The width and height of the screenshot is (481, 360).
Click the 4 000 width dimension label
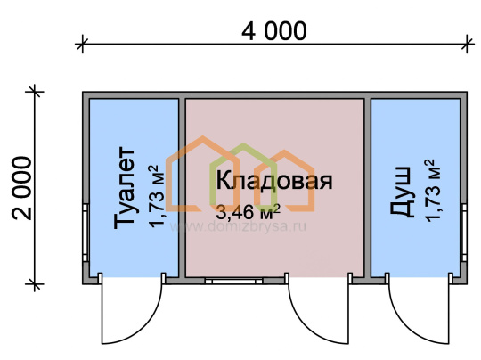[x=274, y=31]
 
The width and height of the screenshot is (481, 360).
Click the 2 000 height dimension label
[x=21, y=188]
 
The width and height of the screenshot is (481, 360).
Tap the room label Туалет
[x=124, y=188]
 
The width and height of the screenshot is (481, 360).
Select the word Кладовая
[x=274, y=181]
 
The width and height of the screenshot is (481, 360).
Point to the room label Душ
[x=400, y=192]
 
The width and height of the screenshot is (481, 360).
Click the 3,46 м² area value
[x=248, y=212]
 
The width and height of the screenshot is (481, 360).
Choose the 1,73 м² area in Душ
[x=432, y=191]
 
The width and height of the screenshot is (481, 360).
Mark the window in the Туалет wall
[x=86, y=233]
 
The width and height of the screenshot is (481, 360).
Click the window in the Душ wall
[x=464, y=233]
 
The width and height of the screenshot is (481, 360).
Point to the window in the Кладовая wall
[x=233, y=281]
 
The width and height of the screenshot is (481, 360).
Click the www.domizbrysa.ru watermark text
[x=238, y=226]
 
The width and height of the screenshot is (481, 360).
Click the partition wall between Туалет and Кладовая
[x=182, y=188]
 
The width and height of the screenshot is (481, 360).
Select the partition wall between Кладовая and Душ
[x=368, y=188]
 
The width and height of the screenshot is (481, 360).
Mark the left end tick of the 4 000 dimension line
[x=82, y=45]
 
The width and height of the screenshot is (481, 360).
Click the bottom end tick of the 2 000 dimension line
[x=35, y=284]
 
